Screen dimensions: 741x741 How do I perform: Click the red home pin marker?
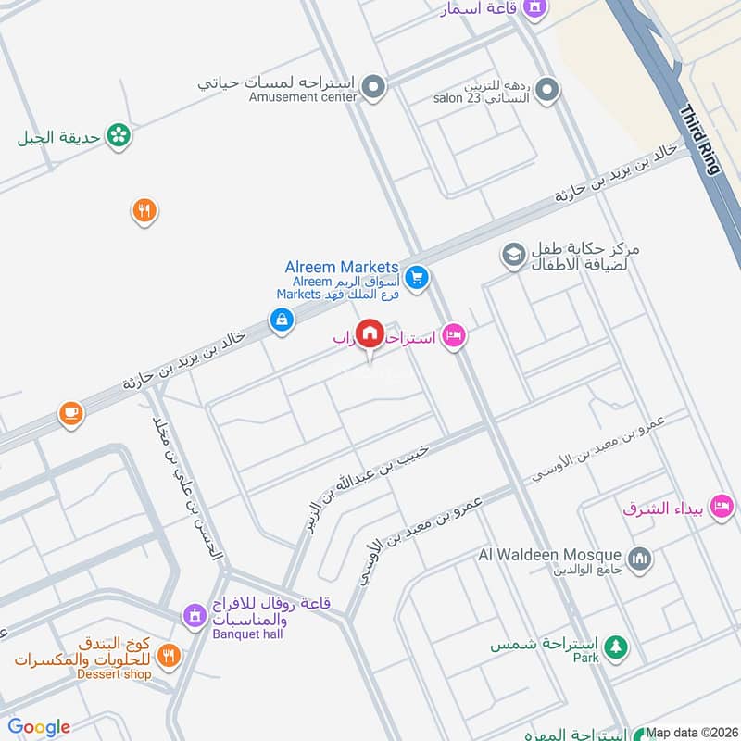point(370,333)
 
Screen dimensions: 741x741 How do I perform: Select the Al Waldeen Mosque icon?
point(639,559)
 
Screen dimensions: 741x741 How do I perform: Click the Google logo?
point(39,727)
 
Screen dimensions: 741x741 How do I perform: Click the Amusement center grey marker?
point(373,89)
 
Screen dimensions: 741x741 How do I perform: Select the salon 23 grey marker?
point(546,90)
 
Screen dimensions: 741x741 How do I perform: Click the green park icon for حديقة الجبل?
point(118,136)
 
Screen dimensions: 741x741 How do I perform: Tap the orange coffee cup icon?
point(71,413)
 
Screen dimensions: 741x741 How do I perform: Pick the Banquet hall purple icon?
point(194,615)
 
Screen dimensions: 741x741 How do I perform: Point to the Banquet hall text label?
point(247,634)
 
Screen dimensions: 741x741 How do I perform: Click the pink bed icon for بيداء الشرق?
point(722,506)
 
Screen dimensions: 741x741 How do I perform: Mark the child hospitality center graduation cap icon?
point(513,254)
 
